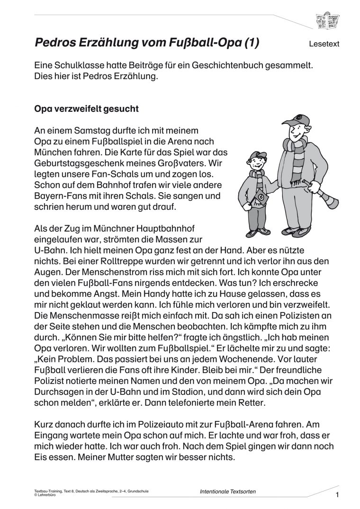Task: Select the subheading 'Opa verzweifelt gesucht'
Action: (x=87, y=109)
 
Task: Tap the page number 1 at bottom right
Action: (x=337, y=495)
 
